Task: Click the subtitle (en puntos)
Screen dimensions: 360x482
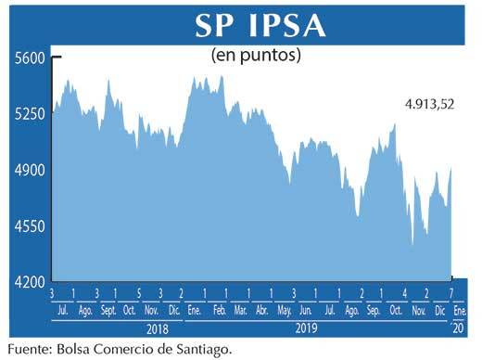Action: [x=256, y=56]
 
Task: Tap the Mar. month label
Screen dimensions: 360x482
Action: [x=240, y=309]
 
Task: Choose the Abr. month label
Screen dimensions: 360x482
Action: [x=262, y=309]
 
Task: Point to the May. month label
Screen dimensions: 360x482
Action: [x=285, y=309]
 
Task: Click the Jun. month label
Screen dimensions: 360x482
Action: [x=306, y=309]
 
